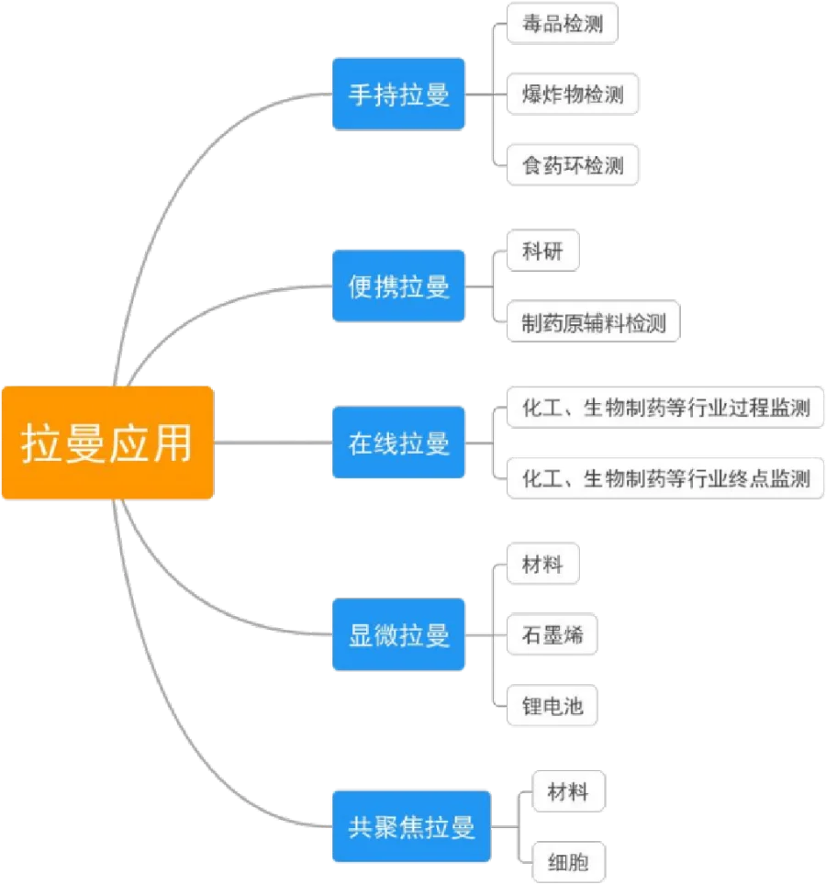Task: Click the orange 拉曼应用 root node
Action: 107,443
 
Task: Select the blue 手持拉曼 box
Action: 398,94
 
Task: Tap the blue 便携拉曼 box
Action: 398,286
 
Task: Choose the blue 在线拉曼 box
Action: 398,443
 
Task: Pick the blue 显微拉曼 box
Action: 398,633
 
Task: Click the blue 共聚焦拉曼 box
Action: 412,825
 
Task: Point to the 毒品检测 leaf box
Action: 563,24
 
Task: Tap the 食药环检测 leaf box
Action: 572,165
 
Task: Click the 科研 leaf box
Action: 543,250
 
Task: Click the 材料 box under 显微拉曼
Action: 543,563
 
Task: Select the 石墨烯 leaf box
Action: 553,633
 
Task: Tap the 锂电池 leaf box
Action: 553,706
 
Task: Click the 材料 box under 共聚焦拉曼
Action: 567,790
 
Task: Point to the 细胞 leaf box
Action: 567,861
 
